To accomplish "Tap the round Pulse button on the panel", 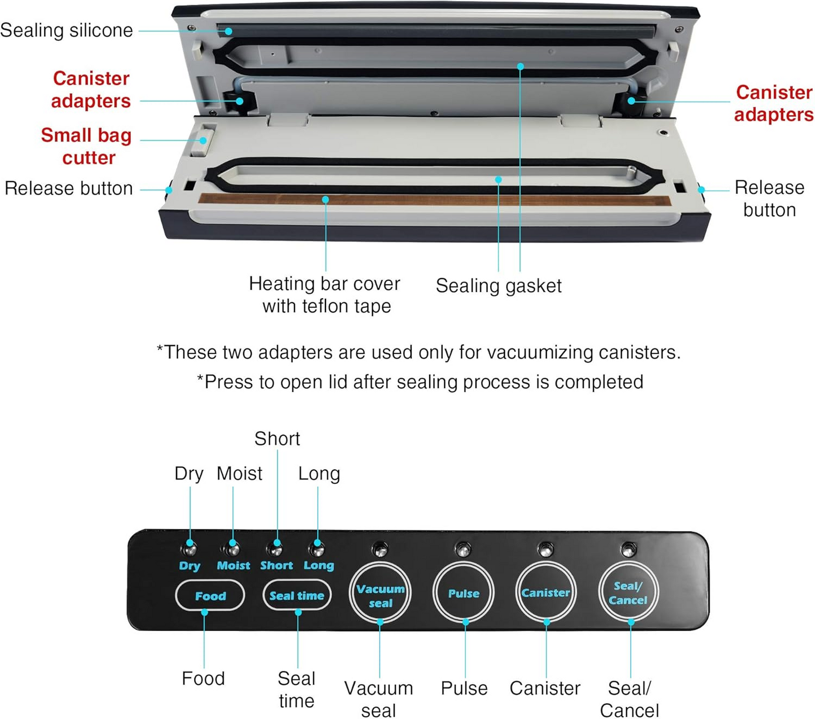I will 464,593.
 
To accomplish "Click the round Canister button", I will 545,593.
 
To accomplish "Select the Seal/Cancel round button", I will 628,593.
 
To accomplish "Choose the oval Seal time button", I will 297,596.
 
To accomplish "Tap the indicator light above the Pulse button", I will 463,549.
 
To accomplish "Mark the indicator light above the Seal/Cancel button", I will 628,549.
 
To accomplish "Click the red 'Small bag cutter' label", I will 87,146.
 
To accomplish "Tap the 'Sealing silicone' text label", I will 67,30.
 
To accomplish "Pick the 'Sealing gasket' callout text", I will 499,286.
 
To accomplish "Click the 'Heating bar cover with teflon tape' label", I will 325,294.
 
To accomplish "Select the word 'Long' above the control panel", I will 319,474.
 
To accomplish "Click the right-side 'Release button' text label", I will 769,199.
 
